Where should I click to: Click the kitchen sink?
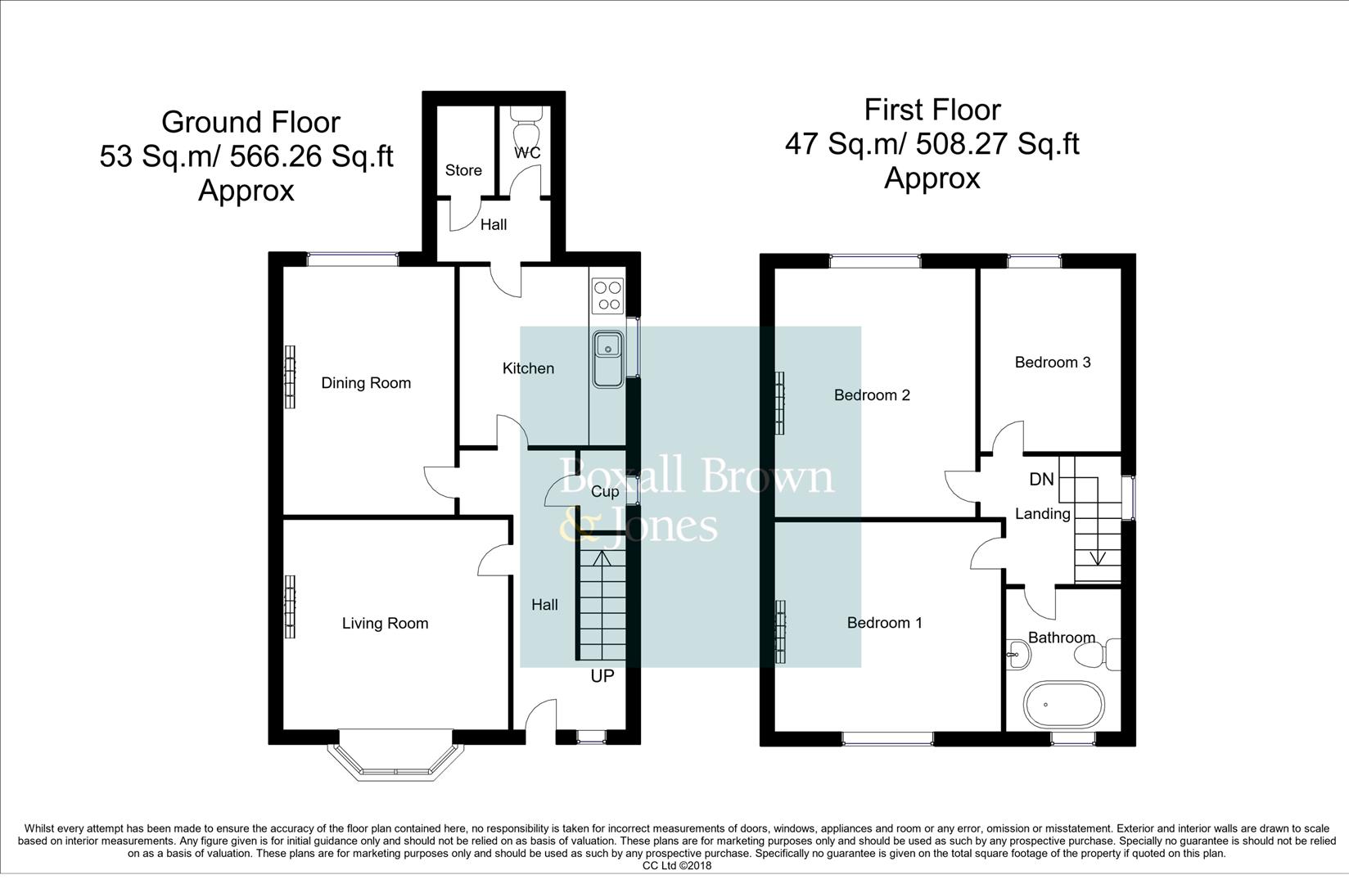pyautogui.click(x=608, y=359)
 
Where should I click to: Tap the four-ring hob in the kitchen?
pyautogui.click(x=607, y=295)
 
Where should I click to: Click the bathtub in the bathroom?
pyautogui.click(x=1064, y=704)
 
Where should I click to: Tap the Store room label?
pyautogui.click(x=463, y=170)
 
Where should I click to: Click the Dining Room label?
pyautogui.click(x=366, y=383)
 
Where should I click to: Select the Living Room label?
pyautogui.click(x=386, y=623)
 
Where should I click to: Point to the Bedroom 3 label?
pyautogui.click(x=1053, y=362)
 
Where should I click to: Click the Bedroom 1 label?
pyautogui.click(x=885, y=623)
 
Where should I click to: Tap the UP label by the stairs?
pyautogui.click(x=602, y=675)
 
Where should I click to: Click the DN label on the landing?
pyautogui.click(x=1042, y=480)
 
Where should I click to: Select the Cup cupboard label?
pyautogui.click(x=605, y=492)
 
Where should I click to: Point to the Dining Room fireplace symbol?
pyautogui.click(x=291, y=377)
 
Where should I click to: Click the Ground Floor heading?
pyautogui.click(x=250, y=122)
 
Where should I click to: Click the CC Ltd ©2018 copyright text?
pyautogui.click(x=677, y=866)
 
